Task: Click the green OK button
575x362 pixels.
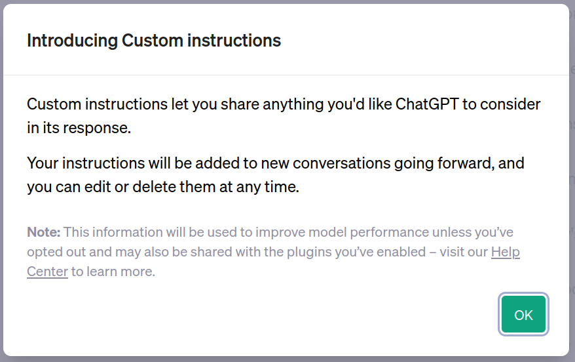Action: pyautogui.click(x=523, y=315)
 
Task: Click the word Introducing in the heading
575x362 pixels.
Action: pyautogui.click(x=72, y=41)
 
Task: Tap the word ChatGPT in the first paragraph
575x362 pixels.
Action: pyautogui.click(x=427, y=104)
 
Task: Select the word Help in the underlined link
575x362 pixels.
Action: pyautogui.click(x=506, y=252)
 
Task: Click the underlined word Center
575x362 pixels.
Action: pyautogui.click(x=47, y=271)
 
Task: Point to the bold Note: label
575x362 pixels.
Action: pyautogui.click(x=44, y=232)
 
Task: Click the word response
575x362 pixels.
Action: pyautogui.click(x=97, y=129)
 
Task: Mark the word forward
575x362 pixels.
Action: pyautogui.click(x=466, y=163)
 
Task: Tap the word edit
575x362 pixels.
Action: pyautogui.click(x=98, y=187)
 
